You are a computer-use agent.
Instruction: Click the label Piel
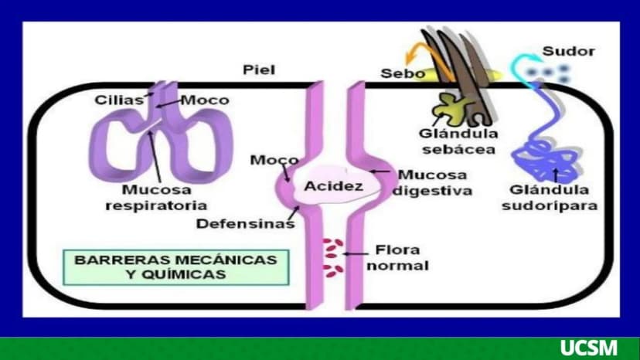click(x=259, y=70)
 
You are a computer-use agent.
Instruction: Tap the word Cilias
click(x=119, y=100)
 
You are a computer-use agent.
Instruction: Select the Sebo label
click(x=403, y=73)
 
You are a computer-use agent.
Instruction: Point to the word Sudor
click(x=569, y=52)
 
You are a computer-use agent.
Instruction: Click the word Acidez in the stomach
click(x=333, y=186)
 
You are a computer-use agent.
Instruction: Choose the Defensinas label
click(x=245, y=224)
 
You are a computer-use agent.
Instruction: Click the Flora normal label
click(x=397, y=257)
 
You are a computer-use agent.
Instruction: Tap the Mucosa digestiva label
click(x=432, y=182)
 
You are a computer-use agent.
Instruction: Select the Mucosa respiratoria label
click(x=156, y=197)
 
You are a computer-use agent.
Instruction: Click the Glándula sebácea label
click(x=458, y=141)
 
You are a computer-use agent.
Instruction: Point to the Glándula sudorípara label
click(x=550, y=197)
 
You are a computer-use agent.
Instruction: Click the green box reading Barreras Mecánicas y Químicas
click(x=176, y=267)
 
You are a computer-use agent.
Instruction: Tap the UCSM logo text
click(x=588, y=348)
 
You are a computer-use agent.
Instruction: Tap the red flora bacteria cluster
click(x=332, y=258)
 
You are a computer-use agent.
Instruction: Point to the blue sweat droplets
click(x=547, y=73)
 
